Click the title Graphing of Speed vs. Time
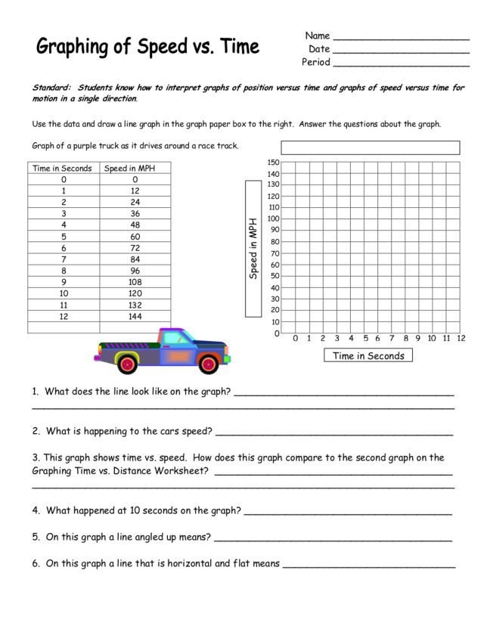pos(148,48)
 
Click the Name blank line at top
pos(401,38)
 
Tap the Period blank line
pos(401,64)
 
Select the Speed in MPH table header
pos(135,169)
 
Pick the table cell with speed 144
pos(135,316)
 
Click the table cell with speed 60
pos(135,237)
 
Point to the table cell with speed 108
pos(135,282)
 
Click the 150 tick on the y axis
pos(274,163)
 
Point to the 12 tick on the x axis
pos(461,339)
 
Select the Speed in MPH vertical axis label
pos(254,249)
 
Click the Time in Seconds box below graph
pos(368,356)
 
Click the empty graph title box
pos(371,147)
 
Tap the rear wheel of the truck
pos(127,364)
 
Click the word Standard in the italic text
pos(51,88)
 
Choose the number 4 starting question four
pos(35,510)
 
